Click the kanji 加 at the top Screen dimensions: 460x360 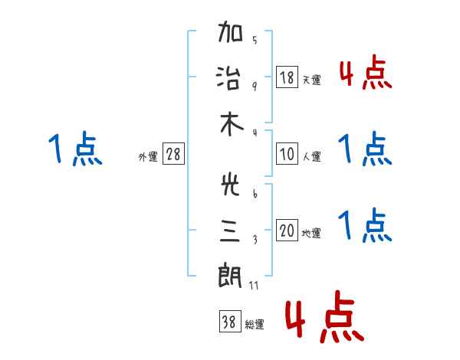point(231,34)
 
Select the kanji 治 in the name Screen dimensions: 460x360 point(231,79)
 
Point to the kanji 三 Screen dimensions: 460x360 point(231,230)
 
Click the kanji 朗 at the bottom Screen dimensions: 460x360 point(231,275)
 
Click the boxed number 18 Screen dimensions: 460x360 point(287,77)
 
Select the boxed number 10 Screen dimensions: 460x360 point(287,154)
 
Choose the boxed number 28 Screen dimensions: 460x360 point(173,155)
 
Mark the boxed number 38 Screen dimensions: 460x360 point(228,322)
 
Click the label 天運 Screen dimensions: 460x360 point(311,80)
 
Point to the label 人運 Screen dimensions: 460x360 point(311,156)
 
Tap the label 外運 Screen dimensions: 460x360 point(147,156)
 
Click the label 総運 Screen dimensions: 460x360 point(254,325)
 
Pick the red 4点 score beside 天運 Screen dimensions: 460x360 point(365,74)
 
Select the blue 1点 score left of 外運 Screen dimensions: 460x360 point(75,149)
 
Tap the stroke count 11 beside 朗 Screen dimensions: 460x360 point(255,286)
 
